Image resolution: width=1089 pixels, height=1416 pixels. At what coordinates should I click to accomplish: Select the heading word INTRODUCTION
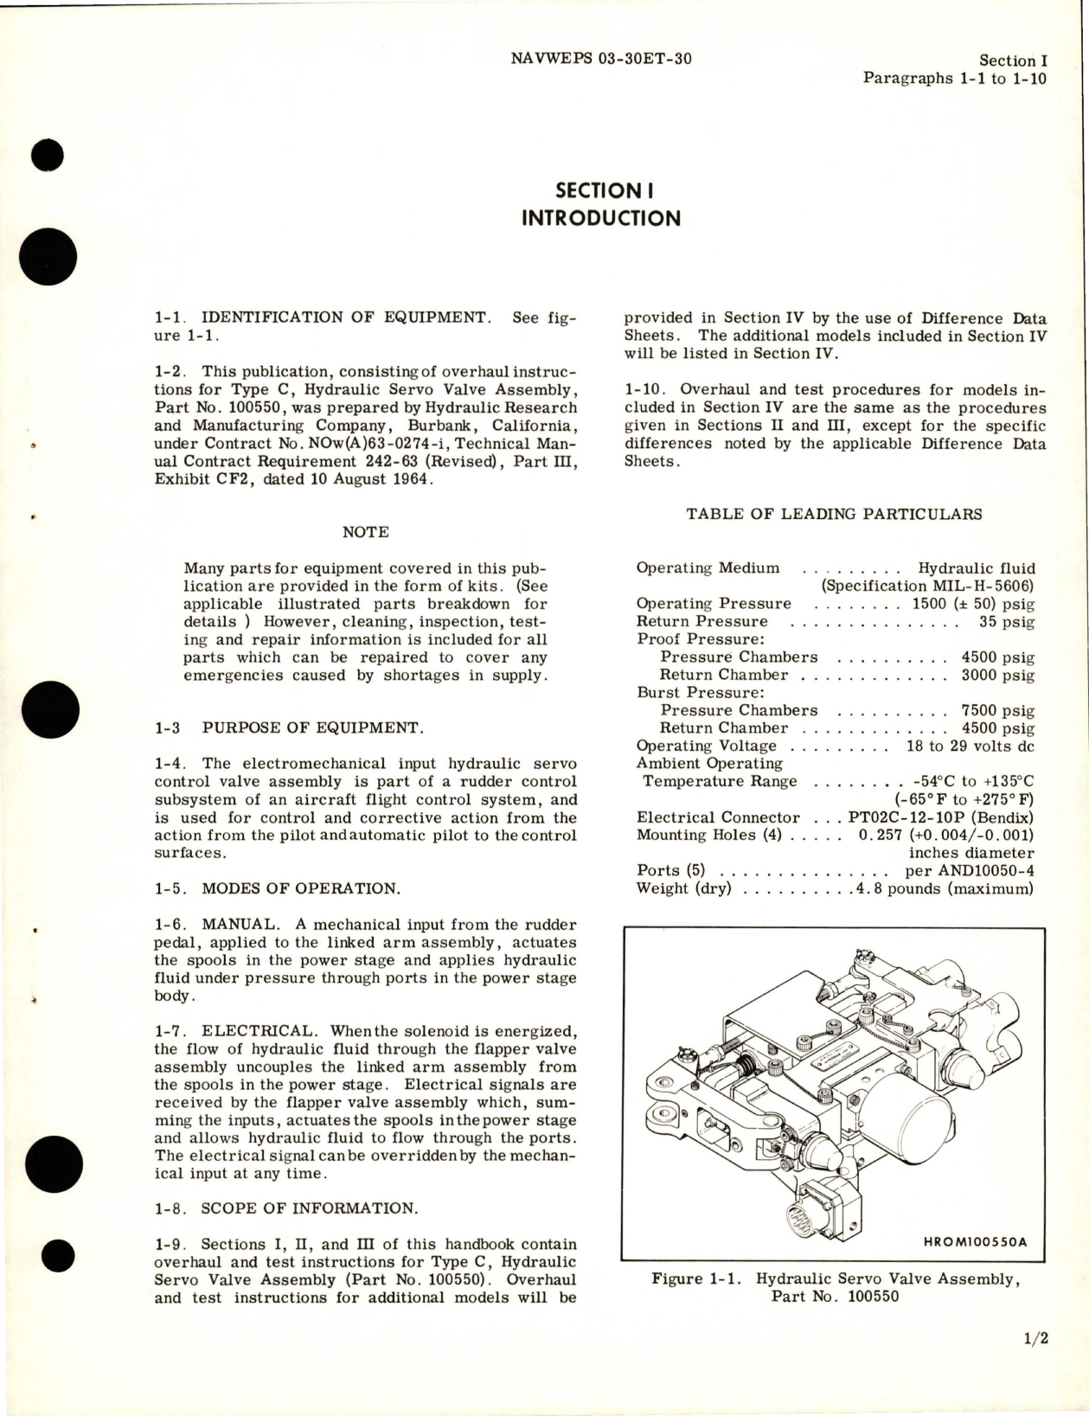point(600,217)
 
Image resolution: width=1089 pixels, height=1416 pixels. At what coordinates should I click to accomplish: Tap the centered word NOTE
point(365,532)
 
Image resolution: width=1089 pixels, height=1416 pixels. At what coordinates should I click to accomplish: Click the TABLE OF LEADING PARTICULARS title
point(834,514)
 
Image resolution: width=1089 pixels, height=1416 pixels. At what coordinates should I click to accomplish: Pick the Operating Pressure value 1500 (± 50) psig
point(973,604)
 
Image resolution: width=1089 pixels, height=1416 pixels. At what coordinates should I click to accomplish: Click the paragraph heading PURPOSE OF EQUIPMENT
point(312,727)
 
